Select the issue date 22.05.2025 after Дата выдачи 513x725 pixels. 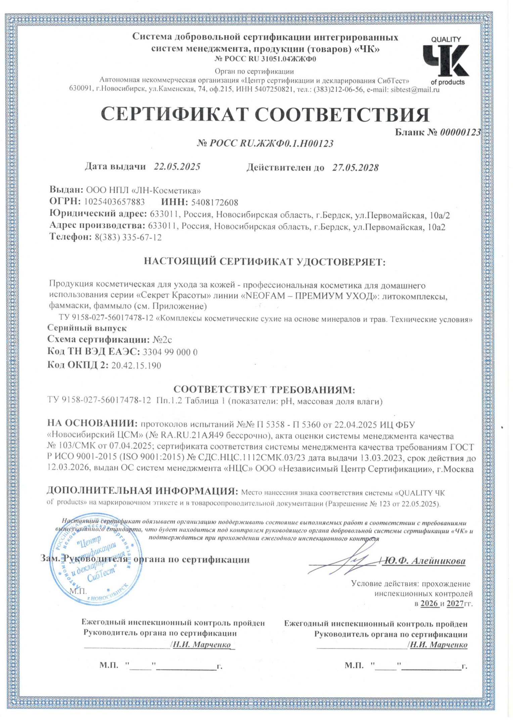177,167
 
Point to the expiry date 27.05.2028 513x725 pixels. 355,167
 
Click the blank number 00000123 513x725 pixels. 460,132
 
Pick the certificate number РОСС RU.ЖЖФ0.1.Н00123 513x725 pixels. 265,144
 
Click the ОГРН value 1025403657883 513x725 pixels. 114,202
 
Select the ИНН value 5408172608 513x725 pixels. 215,202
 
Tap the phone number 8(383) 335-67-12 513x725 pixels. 128,237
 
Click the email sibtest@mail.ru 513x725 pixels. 415,90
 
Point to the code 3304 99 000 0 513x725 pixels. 170,352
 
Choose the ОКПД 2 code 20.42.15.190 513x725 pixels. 136,365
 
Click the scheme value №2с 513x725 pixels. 162,340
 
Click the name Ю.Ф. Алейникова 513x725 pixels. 425,561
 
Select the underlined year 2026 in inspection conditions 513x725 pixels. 430,603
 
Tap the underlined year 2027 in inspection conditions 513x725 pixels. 455,603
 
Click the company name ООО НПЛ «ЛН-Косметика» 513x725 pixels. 143,190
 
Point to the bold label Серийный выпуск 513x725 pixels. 87,328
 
